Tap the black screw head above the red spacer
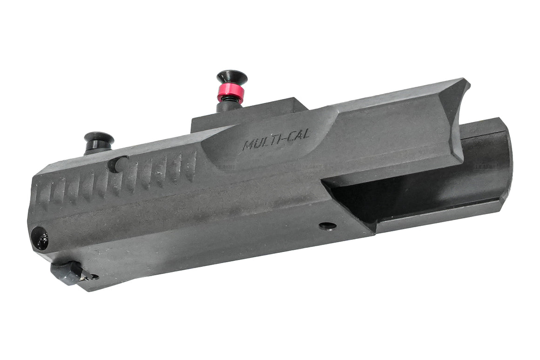click(231, 77)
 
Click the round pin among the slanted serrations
click(118, 163)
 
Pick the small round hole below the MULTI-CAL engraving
click(328, 226)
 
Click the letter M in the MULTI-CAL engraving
click(248, 145)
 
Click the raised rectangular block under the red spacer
click(251, 114)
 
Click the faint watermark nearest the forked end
click(485, 166)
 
